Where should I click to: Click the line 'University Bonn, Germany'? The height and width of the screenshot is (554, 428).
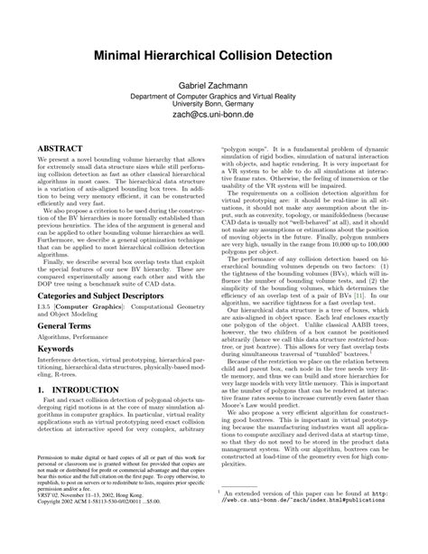pyautogui.click(x=214, y=103)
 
